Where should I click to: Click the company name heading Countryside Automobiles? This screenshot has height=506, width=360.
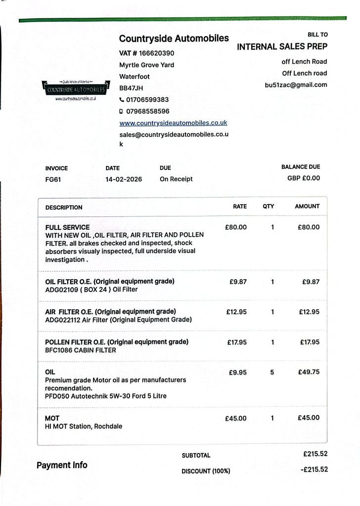[x=174, y=39]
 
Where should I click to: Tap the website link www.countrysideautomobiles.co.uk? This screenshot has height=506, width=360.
[x=173, y=123]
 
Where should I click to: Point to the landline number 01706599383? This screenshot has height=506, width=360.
[x=147, y=99]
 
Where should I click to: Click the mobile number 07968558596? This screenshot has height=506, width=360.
[x=147, y=111]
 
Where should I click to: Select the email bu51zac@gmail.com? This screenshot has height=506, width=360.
[x=296, y=85]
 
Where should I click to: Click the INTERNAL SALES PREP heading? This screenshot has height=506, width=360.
[x=282, y=47]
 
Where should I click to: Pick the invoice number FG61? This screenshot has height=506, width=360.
[x=53, y=179]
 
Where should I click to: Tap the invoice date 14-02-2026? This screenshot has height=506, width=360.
[x=124, y=179]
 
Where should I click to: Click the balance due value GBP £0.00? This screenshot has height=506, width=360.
[x=304, y=178]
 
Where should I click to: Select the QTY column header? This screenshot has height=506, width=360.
[x=268, y=207]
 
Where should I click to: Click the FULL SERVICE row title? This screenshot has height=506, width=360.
[x=67, y=228]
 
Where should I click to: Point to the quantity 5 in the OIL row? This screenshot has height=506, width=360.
[x=272, y=372]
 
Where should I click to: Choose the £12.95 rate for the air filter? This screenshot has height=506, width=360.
[x=236, y=312]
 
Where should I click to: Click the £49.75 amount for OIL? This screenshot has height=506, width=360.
[x=309, y=372]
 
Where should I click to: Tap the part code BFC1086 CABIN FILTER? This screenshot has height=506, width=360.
[x=81, y=350]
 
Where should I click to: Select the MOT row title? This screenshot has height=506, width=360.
[x=52, y=418]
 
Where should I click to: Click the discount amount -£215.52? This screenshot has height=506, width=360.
[x=314, y=469]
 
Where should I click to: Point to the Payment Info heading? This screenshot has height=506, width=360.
[x=62, y=465]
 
